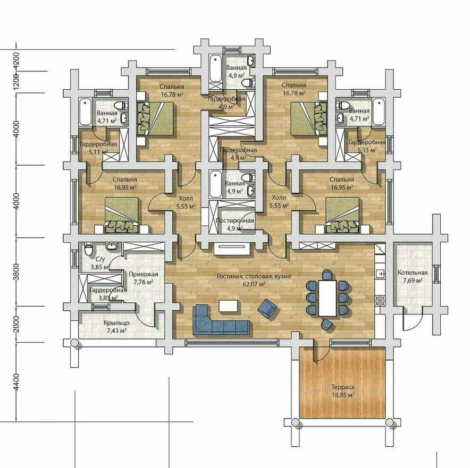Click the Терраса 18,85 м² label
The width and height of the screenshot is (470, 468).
pos(343,391)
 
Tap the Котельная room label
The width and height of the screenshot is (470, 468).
pos(413,273)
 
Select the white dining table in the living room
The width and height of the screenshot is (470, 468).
pos(328,298)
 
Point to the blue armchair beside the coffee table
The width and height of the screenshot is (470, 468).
pos(267,309)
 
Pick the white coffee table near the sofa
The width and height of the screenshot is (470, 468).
pos(229,306)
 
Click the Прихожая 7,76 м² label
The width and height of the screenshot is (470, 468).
pos(143,278)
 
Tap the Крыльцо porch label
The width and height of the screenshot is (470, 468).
pos(116,323)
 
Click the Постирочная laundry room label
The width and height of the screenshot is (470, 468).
pos(234,220)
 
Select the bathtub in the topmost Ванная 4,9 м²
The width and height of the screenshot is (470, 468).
pos(215,69)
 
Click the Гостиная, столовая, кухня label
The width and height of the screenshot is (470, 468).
pos(254,276)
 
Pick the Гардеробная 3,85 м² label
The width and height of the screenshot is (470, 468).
pos(108,294)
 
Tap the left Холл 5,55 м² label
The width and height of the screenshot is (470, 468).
pos(186,202)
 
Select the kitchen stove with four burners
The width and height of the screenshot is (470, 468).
pos(380,301)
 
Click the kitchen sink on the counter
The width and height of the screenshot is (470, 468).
pos(380,274)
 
